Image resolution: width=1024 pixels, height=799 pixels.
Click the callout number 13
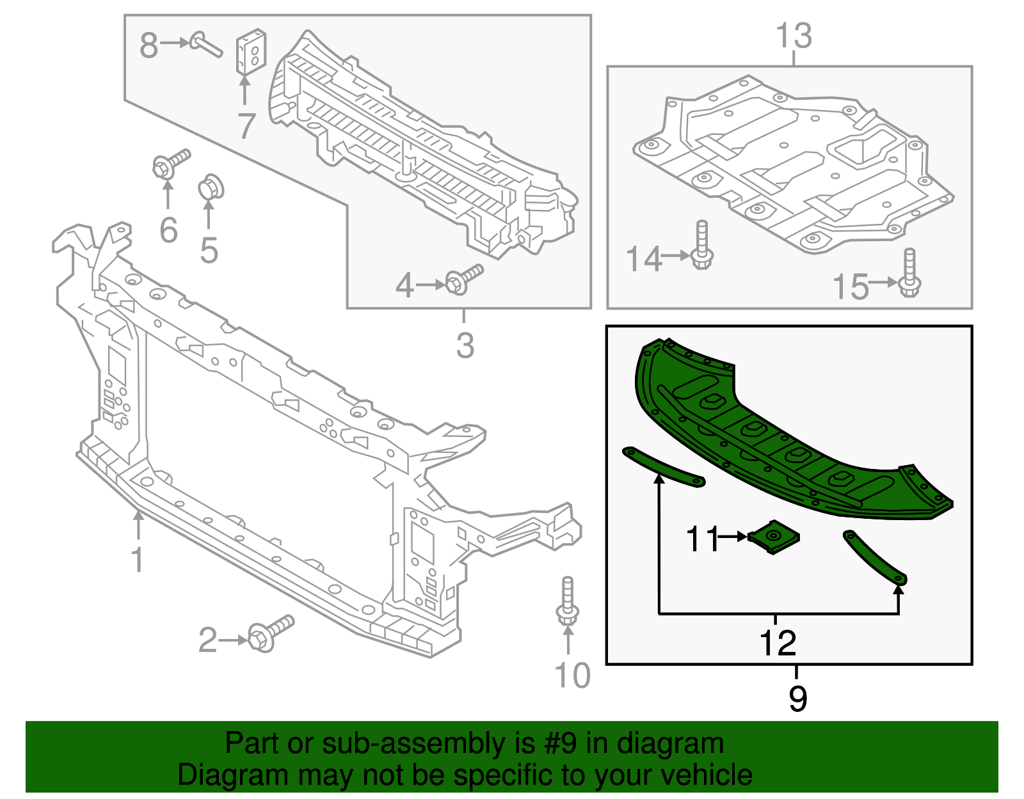[x=794, y=36]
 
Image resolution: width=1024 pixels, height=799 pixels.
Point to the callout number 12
[x=778, y=643]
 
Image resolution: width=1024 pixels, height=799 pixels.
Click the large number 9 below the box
[x=797, y=698]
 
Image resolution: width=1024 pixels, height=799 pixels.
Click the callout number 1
[x=137, y=558]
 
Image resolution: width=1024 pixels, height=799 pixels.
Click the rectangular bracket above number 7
[x=252, y=51]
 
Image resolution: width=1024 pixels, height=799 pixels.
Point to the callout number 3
[x=465, y=345]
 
